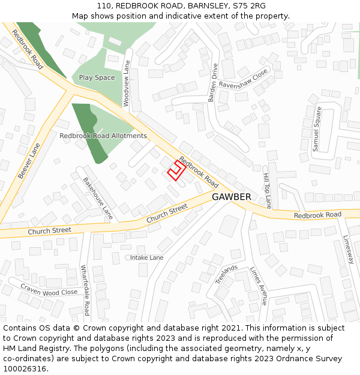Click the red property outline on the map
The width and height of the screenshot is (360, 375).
click(175, 170)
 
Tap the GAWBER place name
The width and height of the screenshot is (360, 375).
click(232, 197)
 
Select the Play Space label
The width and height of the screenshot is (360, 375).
click(97, 77)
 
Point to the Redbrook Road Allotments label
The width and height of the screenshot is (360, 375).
click(103, 136)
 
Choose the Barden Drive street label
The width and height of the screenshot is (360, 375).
click(213, 83)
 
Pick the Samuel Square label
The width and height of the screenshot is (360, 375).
click(317, 128)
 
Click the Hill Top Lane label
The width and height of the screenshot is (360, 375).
click(267, 191)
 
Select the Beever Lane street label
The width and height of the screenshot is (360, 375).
click(29, 160)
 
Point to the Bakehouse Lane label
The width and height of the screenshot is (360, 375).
click(98, 197)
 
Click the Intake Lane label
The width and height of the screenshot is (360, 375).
click(147, 257)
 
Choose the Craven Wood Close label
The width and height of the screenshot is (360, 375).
click(49, 289)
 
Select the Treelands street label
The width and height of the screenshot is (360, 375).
click(226, 274)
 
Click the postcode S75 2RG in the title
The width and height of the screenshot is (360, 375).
click(250, 5)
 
